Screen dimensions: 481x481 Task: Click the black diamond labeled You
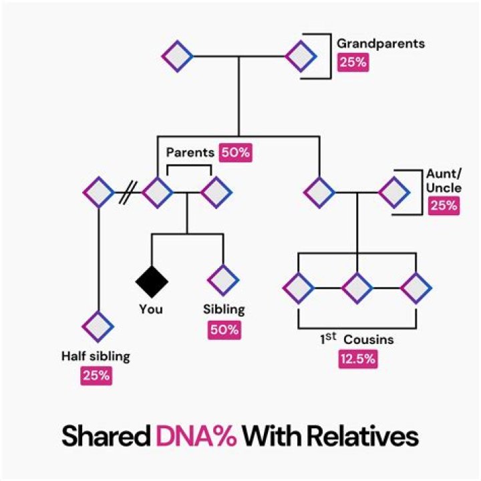click(152, 281)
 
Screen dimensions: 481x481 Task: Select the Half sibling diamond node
click(98, 326)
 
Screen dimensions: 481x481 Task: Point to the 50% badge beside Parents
click(235, 152)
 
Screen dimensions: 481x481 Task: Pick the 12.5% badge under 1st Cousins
click(357, 359)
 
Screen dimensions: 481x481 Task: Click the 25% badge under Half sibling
click(96, 375)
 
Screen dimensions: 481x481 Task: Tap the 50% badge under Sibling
click(224, 329)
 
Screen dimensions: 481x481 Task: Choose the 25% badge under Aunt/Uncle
click(444, 205)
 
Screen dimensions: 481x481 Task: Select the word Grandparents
click(380, 44)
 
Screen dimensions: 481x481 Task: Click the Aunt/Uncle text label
click(444, 180)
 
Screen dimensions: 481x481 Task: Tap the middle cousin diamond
click(357, 288)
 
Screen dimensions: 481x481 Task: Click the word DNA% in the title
click(196, 437)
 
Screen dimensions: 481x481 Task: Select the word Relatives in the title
click(361, 437)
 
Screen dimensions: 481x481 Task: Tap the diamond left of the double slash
click(98, 193)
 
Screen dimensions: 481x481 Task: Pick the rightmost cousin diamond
click(416, 288)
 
